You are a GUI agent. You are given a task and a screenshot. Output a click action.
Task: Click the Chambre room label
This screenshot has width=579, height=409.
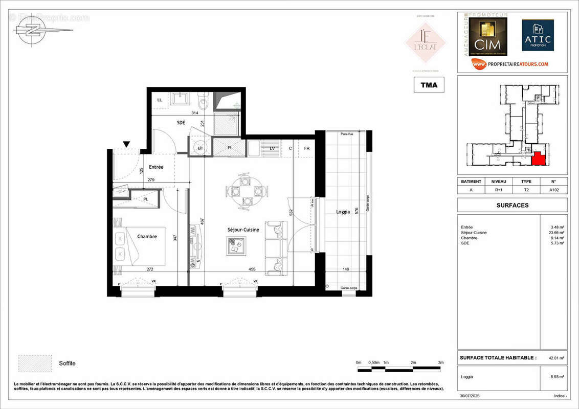(x=147, y=237)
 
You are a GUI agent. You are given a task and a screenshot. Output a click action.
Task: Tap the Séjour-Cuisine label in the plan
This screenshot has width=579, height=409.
(x=243, y=230)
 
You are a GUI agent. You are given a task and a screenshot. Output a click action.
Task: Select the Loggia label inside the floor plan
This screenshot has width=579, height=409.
(x=343, y=212)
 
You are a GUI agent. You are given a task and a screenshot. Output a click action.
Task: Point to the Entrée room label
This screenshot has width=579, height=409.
(x=156, y=167)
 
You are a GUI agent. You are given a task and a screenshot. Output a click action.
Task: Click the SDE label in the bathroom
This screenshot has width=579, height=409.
(x=181, y=123)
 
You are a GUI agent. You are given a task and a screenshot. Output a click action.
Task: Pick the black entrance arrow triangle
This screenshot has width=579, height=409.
(x=126, y=145)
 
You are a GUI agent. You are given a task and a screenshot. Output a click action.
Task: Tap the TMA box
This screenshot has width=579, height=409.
(x=429, y=85)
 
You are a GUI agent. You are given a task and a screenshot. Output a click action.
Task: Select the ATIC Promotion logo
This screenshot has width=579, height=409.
(x=538, y=36)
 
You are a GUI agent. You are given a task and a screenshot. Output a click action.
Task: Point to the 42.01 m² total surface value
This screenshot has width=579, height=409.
(x=556, y=358)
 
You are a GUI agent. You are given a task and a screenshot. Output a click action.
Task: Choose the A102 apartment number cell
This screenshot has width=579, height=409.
(x=553, y=189)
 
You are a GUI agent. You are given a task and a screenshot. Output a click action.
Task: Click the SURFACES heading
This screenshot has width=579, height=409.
(x=512, y=205)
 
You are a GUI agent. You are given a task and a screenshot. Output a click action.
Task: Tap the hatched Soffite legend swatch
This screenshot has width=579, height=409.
(x=35, y=363)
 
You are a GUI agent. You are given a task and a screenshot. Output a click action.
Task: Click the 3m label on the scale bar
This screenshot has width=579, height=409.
(x=441, y=362)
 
